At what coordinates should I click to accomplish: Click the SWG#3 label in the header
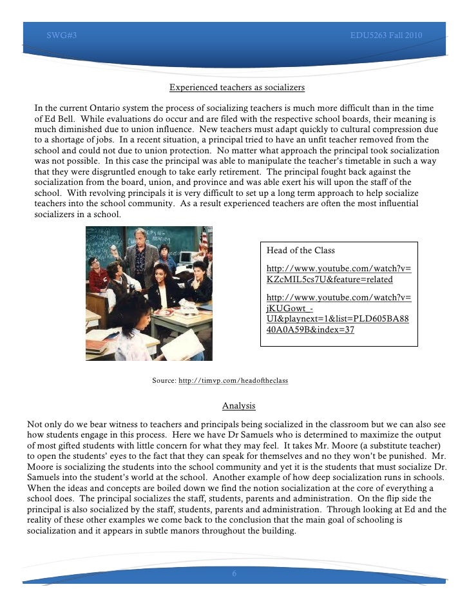click(x=62, y=34)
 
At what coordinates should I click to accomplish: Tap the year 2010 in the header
click(x=414, y=34)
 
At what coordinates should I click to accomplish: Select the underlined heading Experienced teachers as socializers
click(x=236, y=88)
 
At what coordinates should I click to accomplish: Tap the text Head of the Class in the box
click(x=300, y=250)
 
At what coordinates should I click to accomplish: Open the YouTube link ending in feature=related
click(x=338, y=274)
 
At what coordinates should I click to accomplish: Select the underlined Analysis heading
click(x=239, y=405)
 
